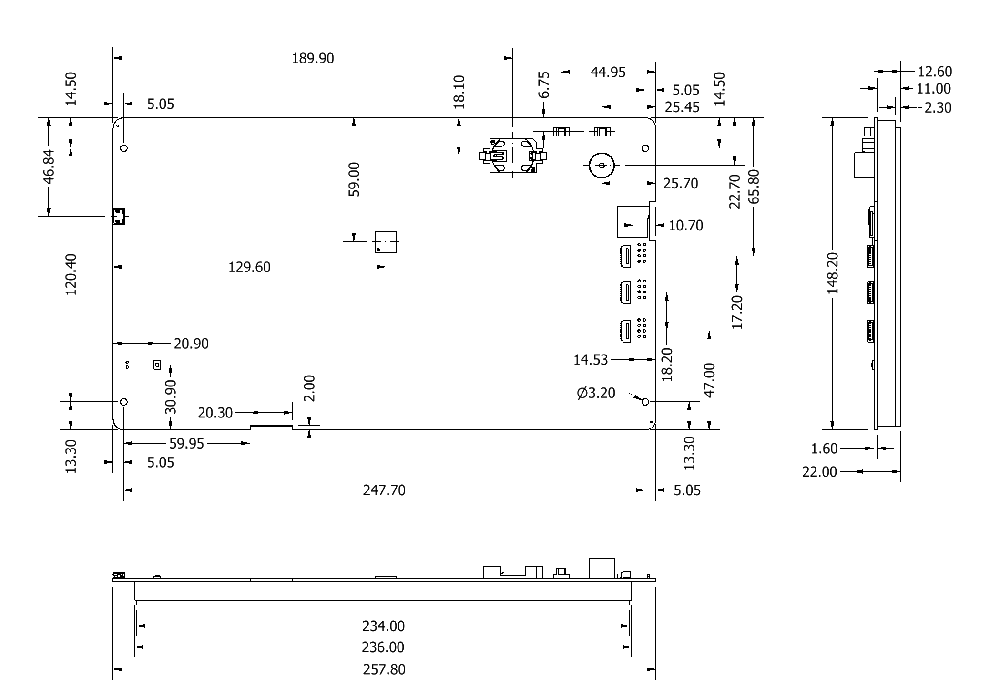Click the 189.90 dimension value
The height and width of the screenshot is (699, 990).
313,59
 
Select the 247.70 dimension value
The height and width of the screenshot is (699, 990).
384,490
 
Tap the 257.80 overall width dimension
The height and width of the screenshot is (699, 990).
384,669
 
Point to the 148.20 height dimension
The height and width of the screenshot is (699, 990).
833,273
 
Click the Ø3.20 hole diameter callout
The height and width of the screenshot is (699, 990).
596,394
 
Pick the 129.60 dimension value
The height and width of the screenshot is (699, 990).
249,267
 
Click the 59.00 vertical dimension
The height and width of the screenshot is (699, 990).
354,179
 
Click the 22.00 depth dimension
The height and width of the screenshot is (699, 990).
820,472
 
